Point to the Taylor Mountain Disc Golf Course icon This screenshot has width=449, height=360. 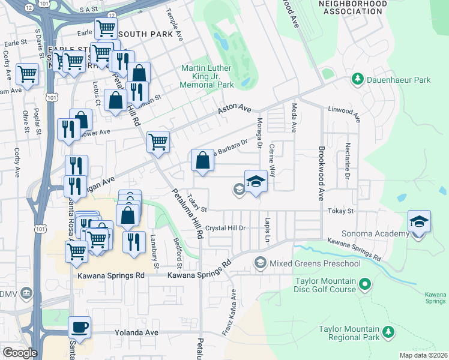[363, 282]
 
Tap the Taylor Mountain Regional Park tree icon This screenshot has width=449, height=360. [388, 331]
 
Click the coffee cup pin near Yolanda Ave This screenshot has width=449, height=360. [79, 328]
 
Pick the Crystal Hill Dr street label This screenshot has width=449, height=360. [226, 228]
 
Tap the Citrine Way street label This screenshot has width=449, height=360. [272, 160]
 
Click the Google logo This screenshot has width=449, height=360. [19, 352]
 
